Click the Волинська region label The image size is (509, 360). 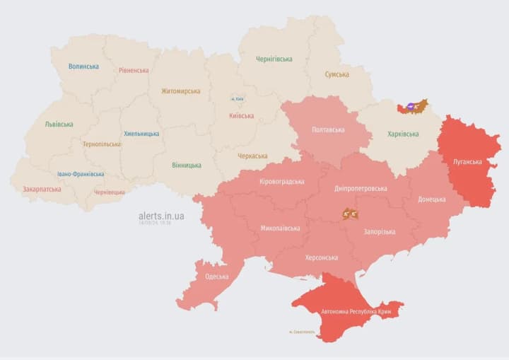click(x=83, y=66)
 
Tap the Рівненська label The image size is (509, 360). click(x=134, y=71)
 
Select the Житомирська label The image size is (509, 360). click(x=180, y=91)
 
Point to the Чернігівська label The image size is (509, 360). click(x=274, y=59)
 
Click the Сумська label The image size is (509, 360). click(x=337, y=74)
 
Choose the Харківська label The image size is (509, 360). click(x=403, y=134)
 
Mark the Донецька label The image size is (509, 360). click(x=431, y=199)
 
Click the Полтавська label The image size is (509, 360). click(x=328, y=130)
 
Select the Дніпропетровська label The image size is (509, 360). click(x=361, y=189)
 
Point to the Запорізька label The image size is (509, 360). click(x=379, y=231)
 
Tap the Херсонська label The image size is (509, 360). click(x=321, y=258)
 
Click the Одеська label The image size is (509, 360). click(x=216, y=277)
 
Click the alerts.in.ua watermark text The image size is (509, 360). click(x=161, y=216)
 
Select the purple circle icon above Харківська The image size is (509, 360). click(x=411, y=107)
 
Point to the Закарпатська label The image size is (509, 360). click(x=42, y=190)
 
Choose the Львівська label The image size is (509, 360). click(x=59, y=124)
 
